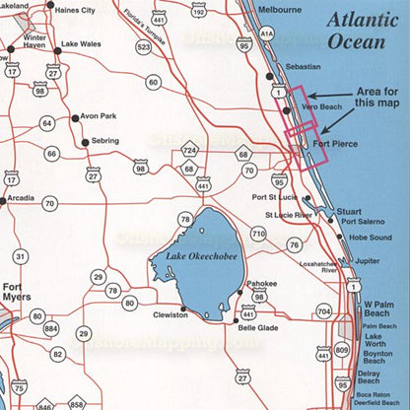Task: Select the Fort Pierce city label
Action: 333,145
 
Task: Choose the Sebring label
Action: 104,142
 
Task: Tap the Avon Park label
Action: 100,116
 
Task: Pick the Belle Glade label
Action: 259,325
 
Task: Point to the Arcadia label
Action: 21,198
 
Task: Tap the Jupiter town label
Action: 367,262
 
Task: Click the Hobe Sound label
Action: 370,238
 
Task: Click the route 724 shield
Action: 190,151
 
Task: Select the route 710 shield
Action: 258,233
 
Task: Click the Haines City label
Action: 82,11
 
